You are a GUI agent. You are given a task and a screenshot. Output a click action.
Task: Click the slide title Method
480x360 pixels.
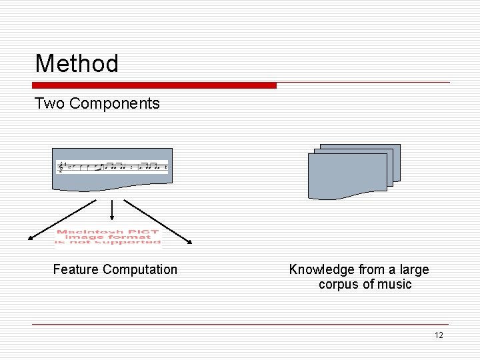pos(77,64)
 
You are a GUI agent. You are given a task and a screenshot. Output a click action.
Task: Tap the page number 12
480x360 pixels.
pos(438,335)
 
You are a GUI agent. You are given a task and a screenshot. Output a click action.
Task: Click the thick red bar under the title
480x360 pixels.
pos(154,85)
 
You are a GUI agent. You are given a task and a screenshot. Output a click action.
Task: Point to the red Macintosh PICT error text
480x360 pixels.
pos(108,238)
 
